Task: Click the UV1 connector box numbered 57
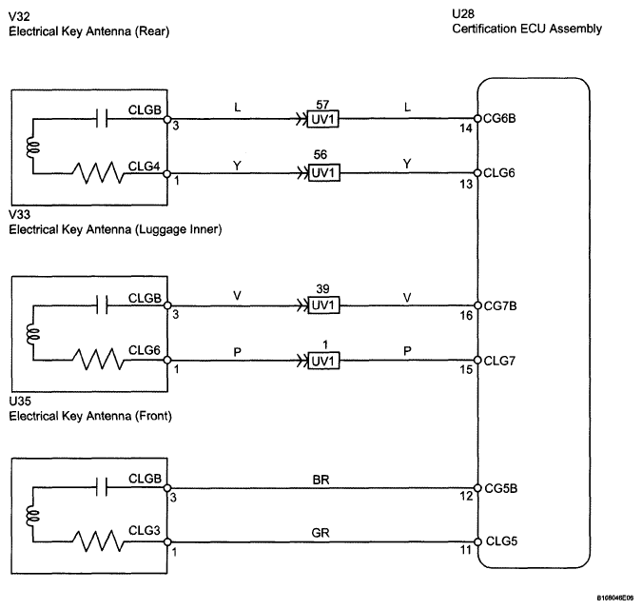pyautogui.click(x=323, y=119)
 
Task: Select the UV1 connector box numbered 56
pyautogui.click(x=324, y=173)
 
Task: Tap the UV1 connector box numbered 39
pyautogui.click(x=323, y=305)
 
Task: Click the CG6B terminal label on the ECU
pyautogui.click(x=499, y=118)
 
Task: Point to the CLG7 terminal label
pyautogui.click(x=499, y=361)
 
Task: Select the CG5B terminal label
pyautogui.click(x=500, y=488)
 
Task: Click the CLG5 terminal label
pyautogui.click(x=501, y=541)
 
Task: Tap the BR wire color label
pyautogui.click(x=321, y=480)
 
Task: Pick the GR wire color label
pyautogui.click(x=321, y=533)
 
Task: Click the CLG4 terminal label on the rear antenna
pyautogui.click(x=145, y=167)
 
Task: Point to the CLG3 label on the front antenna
pyautogui.click(x=145, y=530)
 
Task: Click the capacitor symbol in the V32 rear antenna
pyautogui.click(x=102, y=119)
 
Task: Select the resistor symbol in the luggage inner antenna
pyautogui.click(x=98, y=360)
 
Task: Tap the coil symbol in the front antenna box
pyautogui.click(x=32, y=516)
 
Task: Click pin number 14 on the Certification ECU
pyautogui.click(x=465, y=128)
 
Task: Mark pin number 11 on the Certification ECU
pyautogui.click(x=465, y=550)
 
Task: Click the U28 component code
pyautogui.click(x=463, y=14)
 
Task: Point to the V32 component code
pyautogui.click(x=19, y=16)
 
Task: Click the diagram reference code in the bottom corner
pyautogui.click(x=615, y=599)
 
